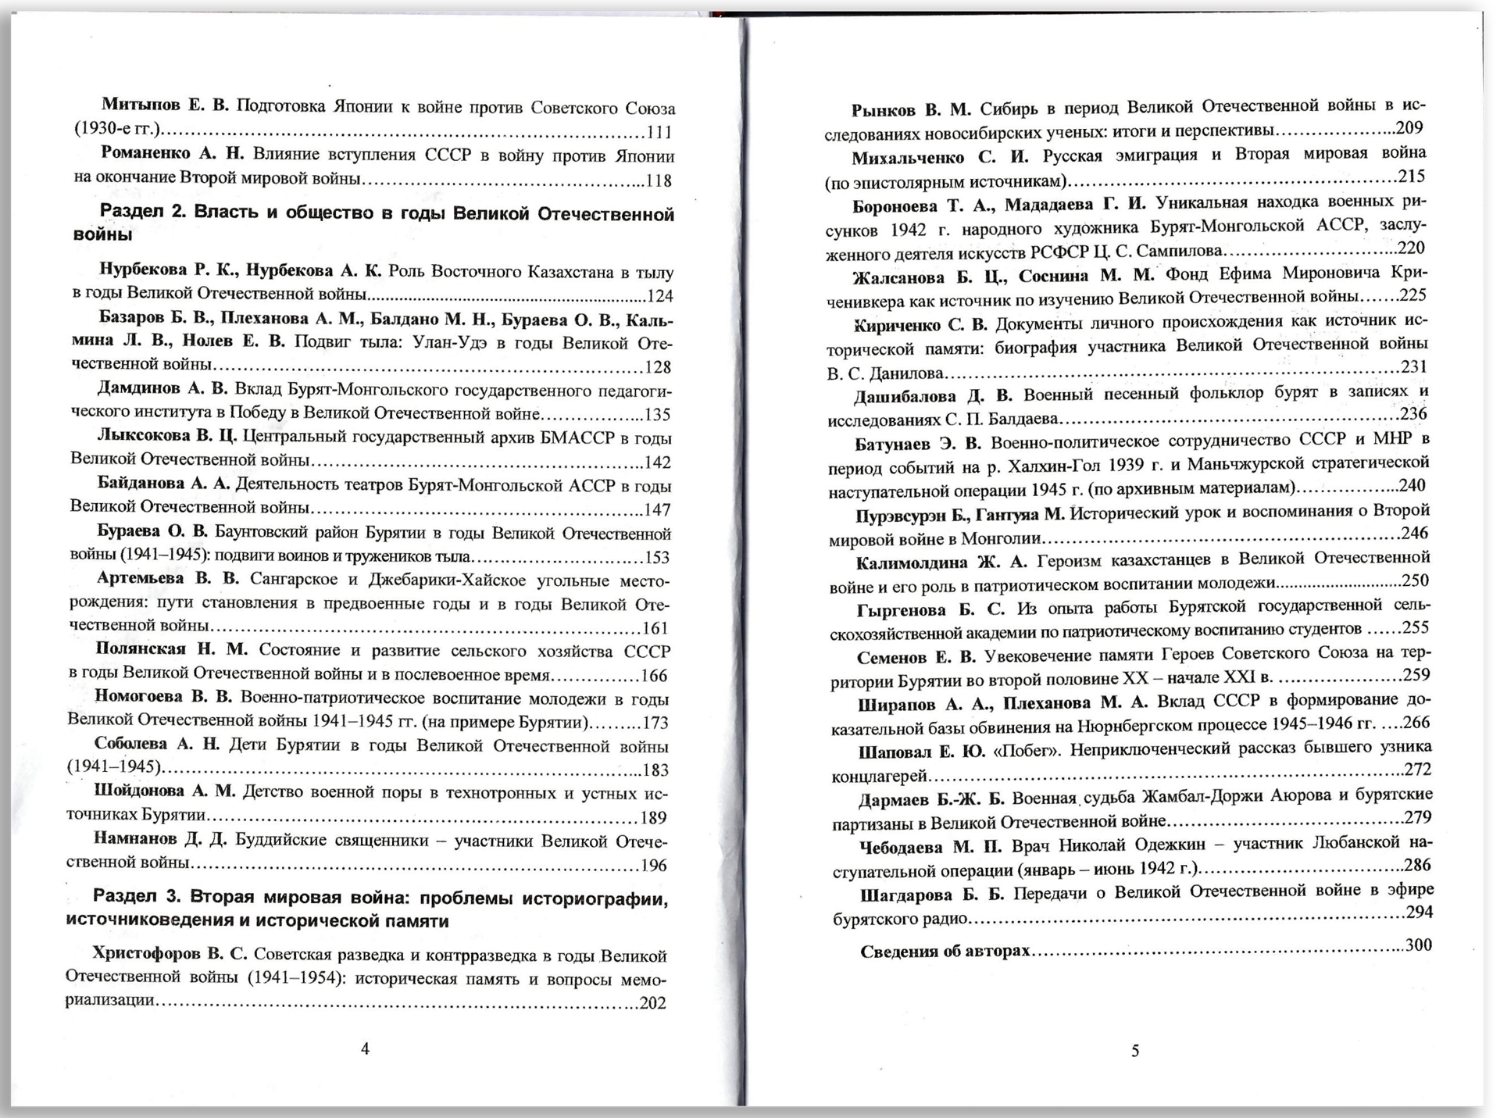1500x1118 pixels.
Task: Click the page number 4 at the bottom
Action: pyautogui.click(x=365, y=1049)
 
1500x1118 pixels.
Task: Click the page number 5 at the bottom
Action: pyautogui.click(x=1135, y=1051)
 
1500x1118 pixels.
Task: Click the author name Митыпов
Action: pyautogui.click(x=141, y=106)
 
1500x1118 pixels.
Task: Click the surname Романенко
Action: pyautogui.click(x=145, y=154)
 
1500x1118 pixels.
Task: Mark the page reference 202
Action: pyautogui.click(x=652, y=1003)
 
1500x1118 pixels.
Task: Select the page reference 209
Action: pyautogui.click(x=1410, y=128)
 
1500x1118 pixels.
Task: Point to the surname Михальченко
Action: pyautogui.click(x=908, y=158)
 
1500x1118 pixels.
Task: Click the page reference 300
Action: pyautogui.click(x=1419, y=945)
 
